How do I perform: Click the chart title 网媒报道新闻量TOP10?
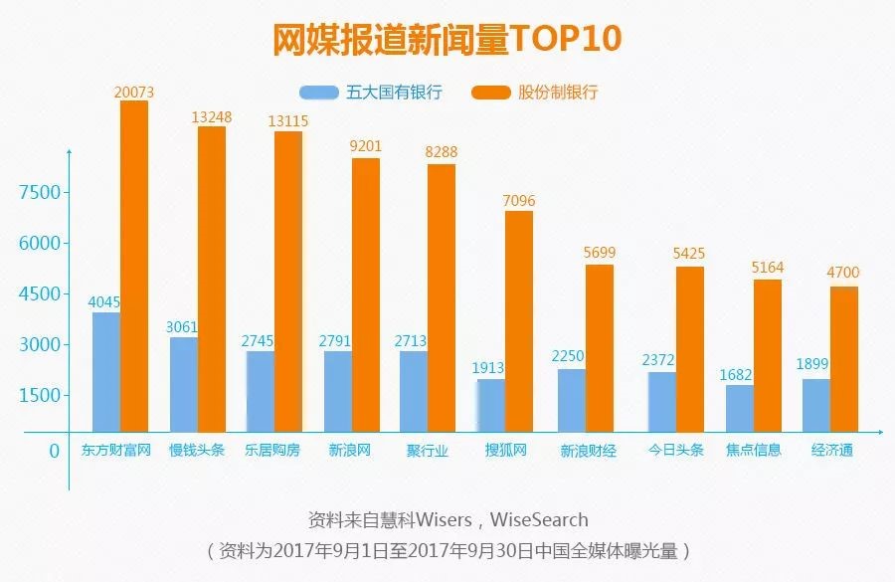point(447,39)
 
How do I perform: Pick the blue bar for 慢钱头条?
point(184,384)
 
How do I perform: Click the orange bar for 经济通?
point(843,358)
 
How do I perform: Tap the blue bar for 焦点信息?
point(740,408)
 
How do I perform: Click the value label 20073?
point(134,92)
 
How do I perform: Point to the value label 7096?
point(519,201)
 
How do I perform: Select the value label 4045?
point(105,302)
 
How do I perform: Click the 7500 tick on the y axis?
point(41,192)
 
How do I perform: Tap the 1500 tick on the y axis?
point(41,395)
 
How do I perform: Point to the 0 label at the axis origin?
point(55,451)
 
